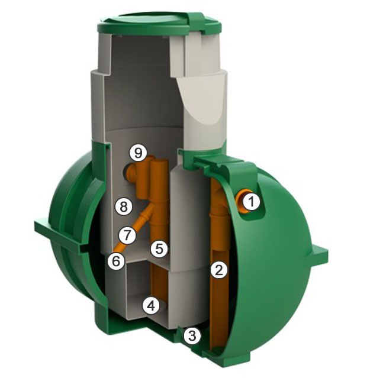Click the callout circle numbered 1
(x=252, y=201)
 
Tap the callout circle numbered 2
(x=219, y=270)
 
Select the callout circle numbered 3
(x=192, y=335)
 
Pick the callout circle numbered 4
(x=151, y=306)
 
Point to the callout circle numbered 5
(x=159, y=248)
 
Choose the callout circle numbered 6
(x=116, y=261)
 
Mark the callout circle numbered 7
(x=127, y=235)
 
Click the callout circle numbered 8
(x=123, y=206)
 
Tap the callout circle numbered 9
(x=138, y=153)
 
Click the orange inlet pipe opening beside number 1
(x=241, y=201)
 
